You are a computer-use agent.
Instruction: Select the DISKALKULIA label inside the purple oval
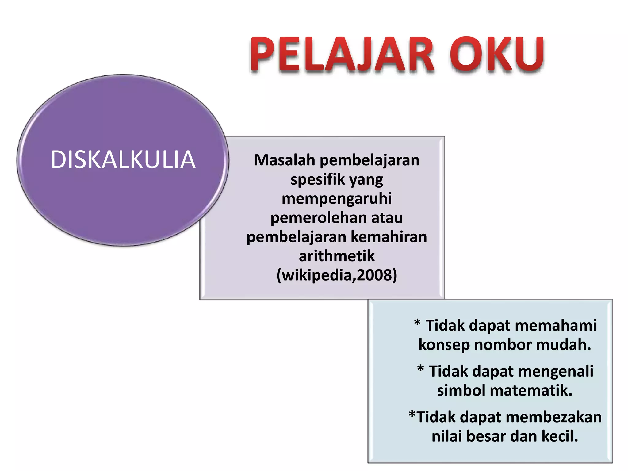(x=123, y=160)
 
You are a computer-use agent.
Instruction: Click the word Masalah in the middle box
(x=285, y=160)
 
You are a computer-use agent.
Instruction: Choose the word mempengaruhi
(x=337, y=198)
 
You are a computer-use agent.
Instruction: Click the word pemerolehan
(x=318, y=218)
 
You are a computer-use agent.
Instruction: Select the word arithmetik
(x=337, y=256)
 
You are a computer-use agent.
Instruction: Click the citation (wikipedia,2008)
(x=337, y=275)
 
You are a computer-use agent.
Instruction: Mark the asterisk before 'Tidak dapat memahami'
(x=417, y=323)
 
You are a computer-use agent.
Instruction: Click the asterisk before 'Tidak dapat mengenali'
(x=420, y=369)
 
